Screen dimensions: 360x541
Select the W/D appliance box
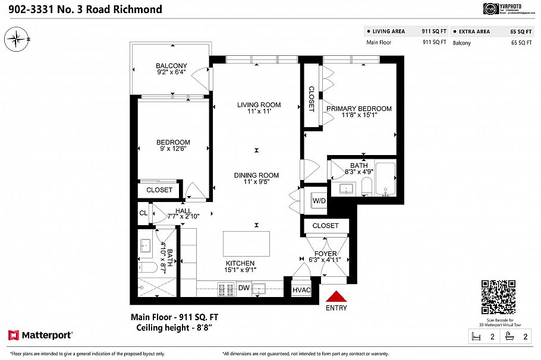point(319,201)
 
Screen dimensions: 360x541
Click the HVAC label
point(301,290)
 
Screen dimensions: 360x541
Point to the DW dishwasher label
point(243,288)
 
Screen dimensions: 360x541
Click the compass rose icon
point(17,40)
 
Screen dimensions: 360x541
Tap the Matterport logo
point(40,336)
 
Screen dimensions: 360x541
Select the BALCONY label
point(171,66)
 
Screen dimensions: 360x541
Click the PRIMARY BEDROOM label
point(358,109)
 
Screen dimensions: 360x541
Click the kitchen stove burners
point(226,289)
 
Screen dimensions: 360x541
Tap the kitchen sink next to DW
point(259,289)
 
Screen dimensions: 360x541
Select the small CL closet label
point(143,213)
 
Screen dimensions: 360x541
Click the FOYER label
point(325,253)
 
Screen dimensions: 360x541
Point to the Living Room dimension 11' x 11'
point(259,112)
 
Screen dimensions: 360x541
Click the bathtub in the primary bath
point(386,179)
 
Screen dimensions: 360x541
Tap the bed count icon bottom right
point(476,337)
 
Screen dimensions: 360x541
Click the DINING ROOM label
point(256,175)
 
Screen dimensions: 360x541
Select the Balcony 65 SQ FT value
point(521,43)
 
